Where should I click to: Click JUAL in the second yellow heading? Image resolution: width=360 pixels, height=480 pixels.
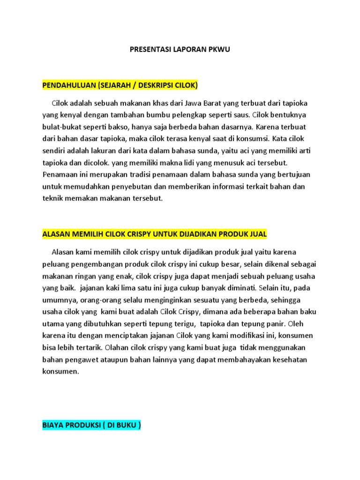[256, 234]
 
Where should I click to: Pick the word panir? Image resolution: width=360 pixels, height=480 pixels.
[275, 324]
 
